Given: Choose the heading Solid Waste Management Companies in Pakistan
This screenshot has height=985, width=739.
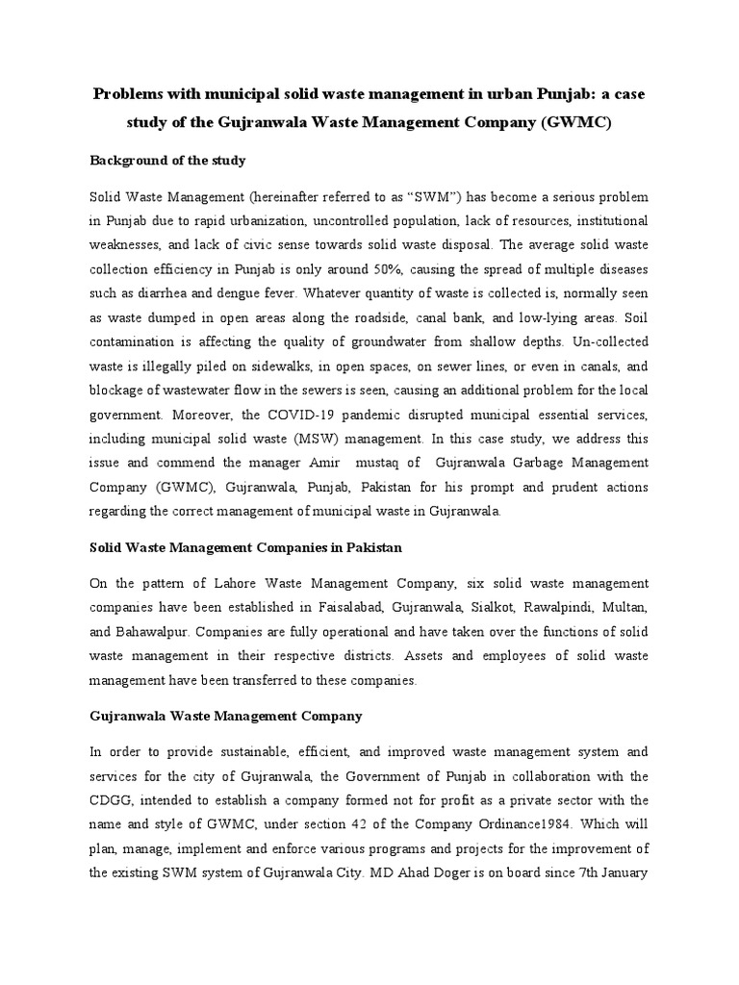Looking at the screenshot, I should click(245, 546).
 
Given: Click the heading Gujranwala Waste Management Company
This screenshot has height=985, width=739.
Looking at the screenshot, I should click(226, 716).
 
